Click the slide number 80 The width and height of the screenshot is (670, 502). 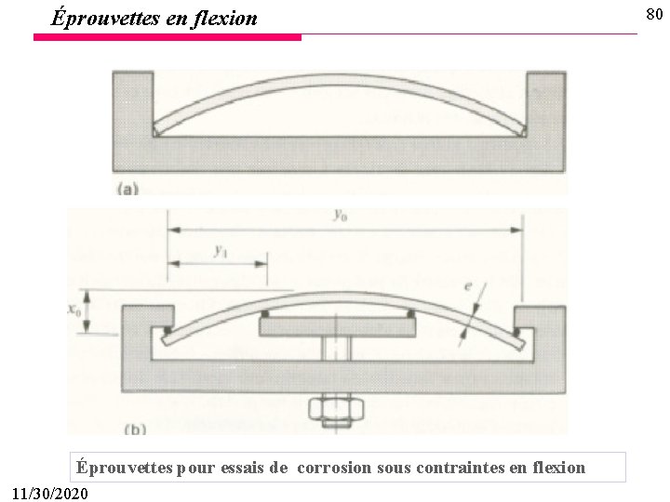[655, 14]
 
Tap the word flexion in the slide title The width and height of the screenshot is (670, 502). [224, 17]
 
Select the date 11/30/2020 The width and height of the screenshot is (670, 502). [52, 491]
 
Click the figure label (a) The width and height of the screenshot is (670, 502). [127, 188]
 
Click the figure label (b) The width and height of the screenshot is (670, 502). [134, 429]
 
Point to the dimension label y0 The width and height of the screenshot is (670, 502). [342, 216]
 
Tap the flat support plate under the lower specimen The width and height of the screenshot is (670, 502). [337, 326]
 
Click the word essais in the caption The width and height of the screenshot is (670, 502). [244, 468]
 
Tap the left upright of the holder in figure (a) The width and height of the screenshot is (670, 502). [131, 102]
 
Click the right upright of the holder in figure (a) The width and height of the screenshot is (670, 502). [545, 102]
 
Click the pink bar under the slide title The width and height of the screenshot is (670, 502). [167, 37]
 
